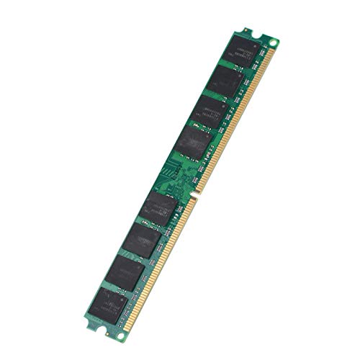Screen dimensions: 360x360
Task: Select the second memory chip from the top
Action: [225, 81]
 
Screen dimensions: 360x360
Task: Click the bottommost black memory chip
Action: [109, 303]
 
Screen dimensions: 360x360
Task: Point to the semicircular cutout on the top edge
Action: [248, 30]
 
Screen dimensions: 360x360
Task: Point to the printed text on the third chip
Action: [212, 107]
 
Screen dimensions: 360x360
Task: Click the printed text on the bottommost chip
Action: [109, 300]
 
